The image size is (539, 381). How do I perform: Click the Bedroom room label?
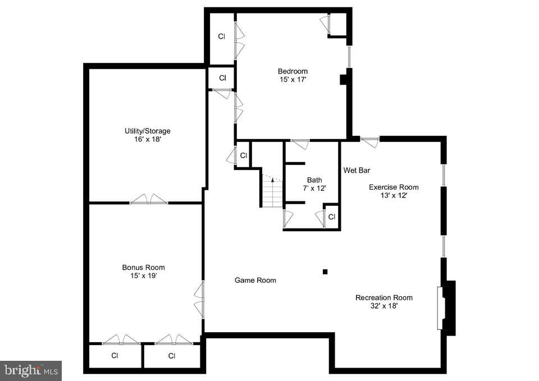tap(293, 71)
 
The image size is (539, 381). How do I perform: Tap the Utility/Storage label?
tap(147, 131)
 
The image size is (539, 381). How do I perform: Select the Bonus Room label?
tap(144, 267)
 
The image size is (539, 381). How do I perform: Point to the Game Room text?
tap(255, 280)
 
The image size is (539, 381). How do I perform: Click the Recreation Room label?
tap(383, 297)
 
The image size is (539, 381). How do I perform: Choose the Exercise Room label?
tap(393, 187)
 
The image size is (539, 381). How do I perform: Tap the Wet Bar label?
tap(357, 170)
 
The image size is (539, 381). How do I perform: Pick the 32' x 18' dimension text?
tap(384, 306)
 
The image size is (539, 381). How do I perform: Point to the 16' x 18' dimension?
tap(147, 139)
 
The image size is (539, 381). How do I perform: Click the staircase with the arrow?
tap(272, 191)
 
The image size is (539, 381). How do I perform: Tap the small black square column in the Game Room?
tap(325, 272)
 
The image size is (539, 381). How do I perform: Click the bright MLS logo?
tap(31, 370)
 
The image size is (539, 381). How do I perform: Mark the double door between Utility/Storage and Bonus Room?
tap(149, 200)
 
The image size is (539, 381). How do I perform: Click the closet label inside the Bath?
tap(331, 217)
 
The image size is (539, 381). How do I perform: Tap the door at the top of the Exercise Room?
tap(369, 142)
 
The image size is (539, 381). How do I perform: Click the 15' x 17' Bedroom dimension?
tap(293, 80)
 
